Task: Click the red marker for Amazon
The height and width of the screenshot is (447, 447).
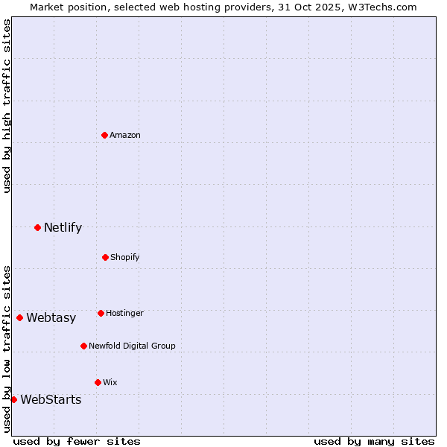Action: point(105,135)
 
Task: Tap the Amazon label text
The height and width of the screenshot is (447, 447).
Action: point(125,135)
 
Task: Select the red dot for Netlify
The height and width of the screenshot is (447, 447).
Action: point(37,227)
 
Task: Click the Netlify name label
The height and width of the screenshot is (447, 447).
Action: point(63,228)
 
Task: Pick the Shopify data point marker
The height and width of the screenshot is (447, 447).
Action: point(105,257)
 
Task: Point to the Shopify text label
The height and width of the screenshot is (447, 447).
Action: point(125,258)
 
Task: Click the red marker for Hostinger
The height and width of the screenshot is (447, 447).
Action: point(101,313)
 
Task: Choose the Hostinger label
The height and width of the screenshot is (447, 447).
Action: point(124,314)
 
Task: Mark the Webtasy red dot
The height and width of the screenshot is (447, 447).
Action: point(20,317)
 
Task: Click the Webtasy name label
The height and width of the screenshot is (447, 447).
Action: point(51,318)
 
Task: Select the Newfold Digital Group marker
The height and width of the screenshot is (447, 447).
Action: point(83,346)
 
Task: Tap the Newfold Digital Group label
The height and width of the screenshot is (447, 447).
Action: point(132,346)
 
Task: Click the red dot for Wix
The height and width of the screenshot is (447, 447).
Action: point(98,382)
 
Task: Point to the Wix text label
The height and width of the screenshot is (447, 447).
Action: point(110,383)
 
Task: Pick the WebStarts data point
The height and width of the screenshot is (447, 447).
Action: point(14,399)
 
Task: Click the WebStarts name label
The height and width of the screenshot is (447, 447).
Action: point(51,400)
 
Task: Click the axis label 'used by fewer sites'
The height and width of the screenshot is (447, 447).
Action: point(77,441)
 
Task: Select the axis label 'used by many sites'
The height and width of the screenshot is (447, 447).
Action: point(374,441)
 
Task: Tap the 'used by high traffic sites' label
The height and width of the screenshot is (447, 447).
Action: point(7,106)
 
